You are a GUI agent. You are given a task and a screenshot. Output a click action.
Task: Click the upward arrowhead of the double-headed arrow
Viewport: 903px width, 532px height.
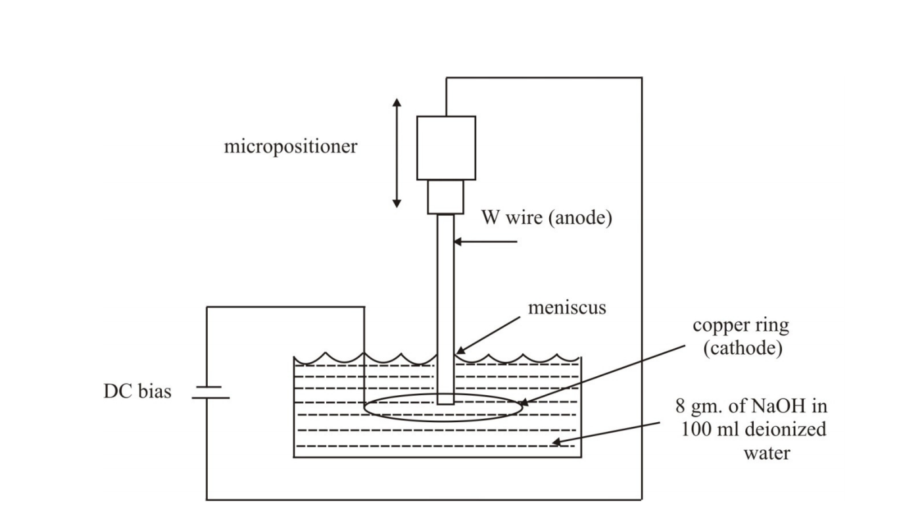tap(397, 102)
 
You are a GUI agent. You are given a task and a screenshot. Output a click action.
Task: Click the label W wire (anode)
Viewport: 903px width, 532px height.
tap(547, 218)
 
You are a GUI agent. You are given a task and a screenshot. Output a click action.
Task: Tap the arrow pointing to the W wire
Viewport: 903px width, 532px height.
tap(485, 242)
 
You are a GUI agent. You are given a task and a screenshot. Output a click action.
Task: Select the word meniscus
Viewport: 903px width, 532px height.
tap(567, 308)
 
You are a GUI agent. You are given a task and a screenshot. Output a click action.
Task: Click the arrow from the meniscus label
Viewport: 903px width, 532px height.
tap(488, 335)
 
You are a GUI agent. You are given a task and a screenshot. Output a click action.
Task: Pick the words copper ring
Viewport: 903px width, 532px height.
tap(741, 326)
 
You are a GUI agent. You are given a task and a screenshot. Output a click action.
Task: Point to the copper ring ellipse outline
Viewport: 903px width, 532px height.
tap(443, 421)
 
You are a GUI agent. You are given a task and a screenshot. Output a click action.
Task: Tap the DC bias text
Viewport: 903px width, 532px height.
tap(137, 391)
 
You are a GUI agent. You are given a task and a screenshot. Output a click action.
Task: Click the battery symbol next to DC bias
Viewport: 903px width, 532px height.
tap(210, 392)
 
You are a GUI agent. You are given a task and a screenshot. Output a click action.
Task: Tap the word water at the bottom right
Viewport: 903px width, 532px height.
tap(767, 453)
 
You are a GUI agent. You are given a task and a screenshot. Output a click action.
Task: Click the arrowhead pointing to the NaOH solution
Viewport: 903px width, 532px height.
tap(556, 442)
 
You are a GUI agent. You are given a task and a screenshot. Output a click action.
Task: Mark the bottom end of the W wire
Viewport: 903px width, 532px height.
tap(445, 404)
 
